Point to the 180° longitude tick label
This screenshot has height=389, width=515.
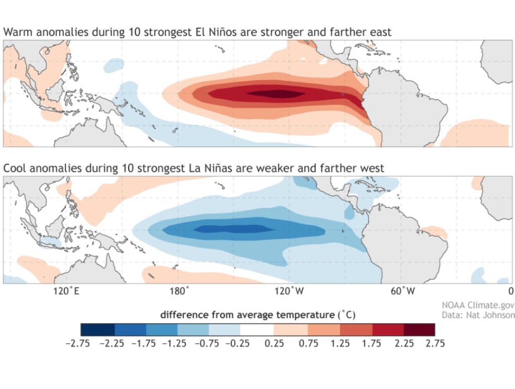(x=180, y=291)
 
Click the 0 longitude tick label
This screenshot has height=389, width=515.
(x=510, y=291)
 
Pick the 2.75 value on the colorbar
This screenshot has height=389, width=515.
(x=435, y=344)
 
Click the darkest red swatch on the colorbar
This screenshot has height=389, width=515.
(x=419, y=329)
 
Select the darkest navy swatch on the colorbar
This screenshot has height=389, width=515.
(x=98, y=329)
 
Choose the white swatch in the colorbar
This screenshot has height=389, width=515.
(x=257, y=329)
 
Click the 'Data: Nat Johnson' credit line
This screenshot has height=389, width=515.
(x=478, y=315)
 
